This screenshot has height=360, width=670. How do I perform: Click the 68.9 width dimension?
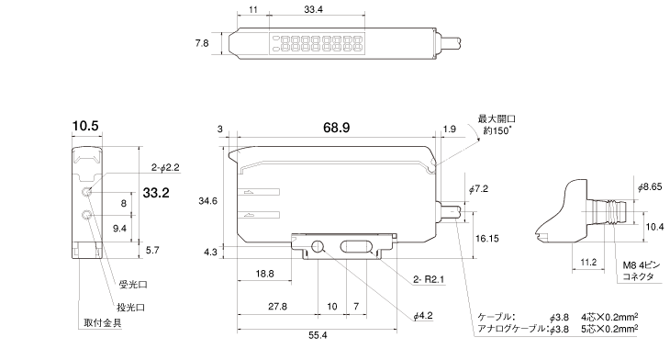(336, 128)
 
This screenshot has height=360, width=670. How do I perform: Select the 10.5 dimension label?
(85, 126)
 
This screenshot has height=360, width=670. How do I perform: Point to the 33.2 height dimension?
(156, 193)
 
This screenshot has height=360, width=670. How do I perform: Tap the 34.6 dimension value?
(207, 201)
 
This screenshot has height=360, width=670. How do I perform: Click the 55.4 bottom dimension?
(318, 335)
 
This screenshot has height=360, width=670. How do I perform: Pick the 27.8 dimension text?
(278, 307)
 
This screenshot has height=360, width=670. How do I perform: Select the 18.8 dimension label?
(265, 274)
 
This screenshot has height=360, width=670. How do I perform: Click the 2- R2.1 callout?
(429, 279)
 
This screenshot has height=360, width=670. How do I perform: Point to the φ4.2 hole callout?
(423, 316)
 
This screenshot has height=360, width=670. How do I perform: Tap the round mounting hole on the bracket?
(318, 246)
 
